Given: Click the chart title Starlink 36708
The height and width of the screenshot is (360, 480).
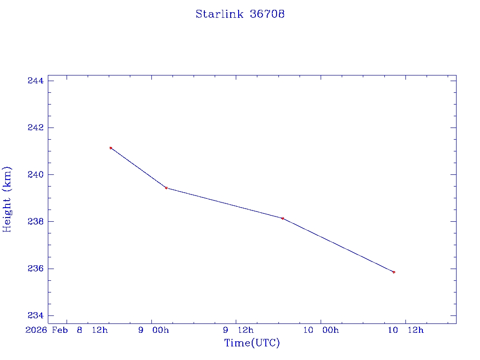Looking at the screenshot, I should pyautogui.click(x=240, y=14).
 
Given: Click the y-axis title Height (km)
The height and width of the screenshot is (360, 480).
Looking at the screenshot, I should pyautogui.click(x=7, y=199).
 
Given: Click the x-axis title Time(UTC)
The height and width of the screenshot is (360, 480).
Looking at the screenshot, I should pyautogui.click(x=252, y=343).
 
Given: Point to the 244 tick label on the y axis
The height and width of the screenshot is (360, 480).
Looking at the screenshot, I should pyautogui.click(x=36, y=81).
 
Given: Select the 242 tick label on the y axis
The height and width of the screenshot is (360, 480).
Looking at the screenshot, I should pyautogui.click(x=36, y=127).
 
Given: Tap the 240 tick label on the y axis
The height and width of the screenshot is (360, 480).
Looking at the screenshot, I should pyautogui.click(x=36, y=174).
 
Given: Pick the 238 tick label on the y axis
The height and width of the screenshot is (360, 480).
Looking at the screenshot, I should pyautogui.click(x=36, y=221).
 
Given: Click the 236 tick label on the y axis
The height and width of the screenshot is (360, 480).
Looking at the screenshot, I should pyautogui.click(x=36, y=269).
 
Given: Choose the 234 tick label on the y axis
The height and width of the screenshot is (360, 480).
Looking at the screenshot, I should pyautogui.click(x=36, y=315).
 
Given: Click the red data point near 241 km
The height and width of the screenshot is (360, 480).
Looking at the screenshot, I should pyautogui.click(x=111, y=148).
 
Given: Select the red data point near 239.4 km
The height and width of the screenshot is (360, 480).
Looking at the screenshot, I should pyautogui.click(x=166, y=188).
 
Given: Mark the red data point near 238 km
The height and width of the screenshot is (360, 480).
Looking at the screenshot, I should pyautogui.click(x=283, y=218).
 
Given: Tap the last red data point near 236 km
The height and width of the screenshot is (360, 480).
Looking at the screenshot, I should pyautogui.click(x=394, y=272).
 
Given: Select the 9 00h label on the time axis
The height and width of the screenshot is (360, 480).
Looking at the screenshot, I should pyautogui.click(x=154, y=330).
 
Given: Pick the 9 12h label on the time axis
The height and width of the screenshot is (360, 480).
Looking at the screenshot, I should pyautogui.click(x=238, y=330).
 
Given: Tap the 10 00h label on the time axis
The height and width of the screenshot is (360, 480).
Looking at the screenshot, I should pyautogui.click(x=321, y=330).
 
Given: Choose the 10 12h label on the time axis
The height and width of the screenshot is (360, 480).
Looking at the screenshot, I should pyautogui.click(x=405, y=330).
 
